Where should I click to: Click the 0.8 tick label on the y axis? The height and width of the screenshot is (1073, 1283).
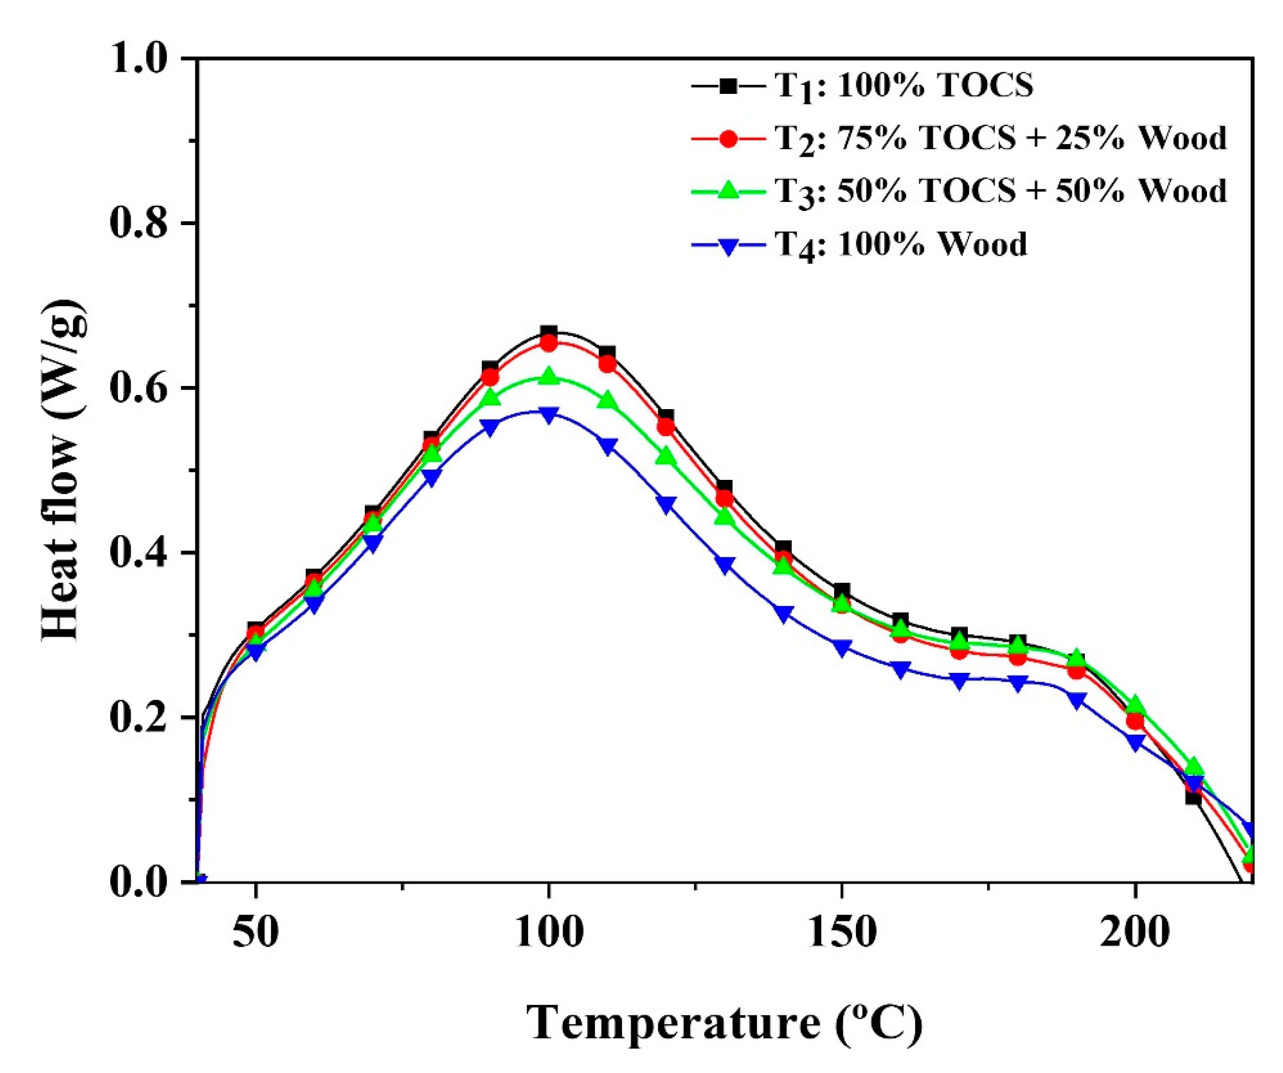click(x=140, y=223)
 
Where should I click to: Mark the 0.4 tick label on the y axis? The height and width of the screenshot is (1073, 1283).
click(x=140, y=553)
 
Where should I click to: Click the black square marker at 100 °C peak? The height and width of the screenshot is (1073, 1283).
click(x=549, y=333)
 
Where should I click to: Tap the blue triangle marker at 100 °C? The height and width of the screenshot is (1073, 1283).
click(x=549, y=415)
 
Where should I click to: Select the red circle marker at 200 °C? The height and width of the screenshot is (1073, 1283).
click(x=1134, y=721)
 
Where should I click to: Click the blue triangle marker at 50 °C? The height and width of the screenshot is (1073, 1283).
click(x=255, y=653)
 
